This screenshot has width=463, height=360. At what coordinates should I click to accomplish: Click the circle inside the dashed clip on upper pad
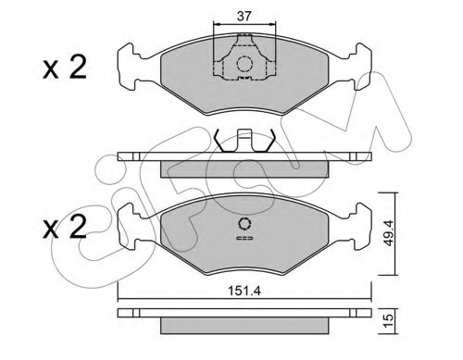click(x=244, y=64)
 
